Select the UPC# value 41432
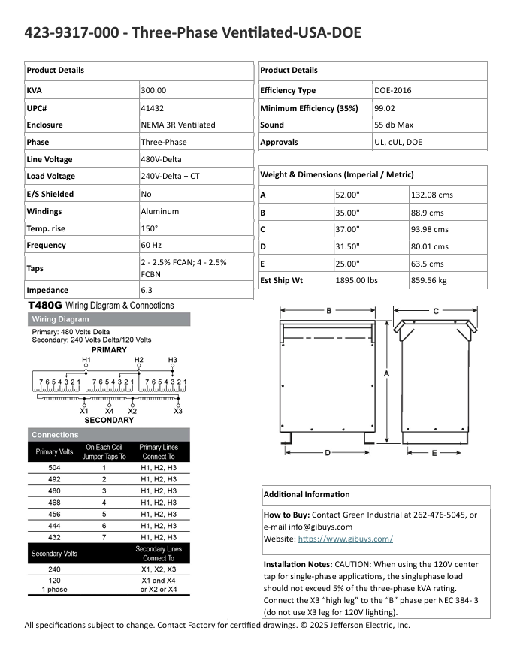pyautogui.click(x=153, y=107)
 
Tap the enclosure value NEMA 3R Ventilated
pyautogui.click(x=178, y=125)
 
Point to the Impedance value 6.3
pyautogui.click(x=147, y=290)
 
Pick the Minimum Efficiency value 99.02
pyautogui.click(x=385, y=108)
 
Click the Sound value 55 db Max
pyautogui.click(x=394, y=125)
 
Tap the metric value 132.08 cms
pyautogui.click(x=432, y=195)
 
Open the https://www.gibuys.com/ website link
pyautogui.click(x=346, y=539)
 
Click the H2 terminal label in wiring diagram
pyautogui.click(x=138, y=360)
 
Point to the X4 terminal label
pyautogui.click(x=110, y=411)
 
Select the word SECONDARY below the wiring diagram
pyautogui.click(x=109, y=420)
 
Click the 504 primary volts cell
pyautogui.click(x=54, y=467)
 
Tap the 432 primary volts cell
pyautogui.click(x=54, y=537)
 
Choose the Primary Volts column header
pyautogui.click(x=54, y=452)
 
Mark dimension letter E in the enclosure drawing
pyautogui.click(x=434, y=453)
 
